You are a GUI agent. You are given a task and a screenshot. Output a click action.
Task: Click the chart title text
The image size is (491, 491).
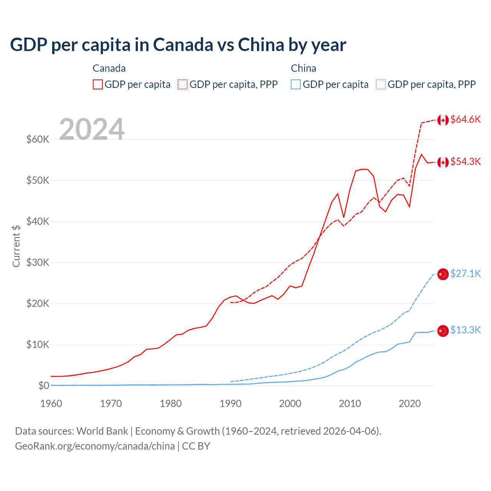[178, 45]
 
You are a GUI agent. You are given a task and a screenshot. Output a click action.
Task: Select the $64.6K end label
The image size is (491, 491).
[465, 119]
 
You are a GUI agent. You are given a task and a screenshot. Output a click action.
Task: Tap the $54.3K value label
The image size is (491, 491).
[465, 161]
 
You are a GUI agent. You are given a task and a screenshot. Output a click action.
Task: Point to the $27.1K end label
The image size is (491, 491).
[465, 274]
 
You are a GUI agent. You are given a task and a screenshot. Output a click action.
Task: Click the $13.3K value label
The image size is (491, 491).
[465, 330]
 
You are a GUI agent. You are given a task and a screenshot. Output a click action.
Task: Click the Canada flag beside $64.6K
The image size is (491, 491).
[443, 120]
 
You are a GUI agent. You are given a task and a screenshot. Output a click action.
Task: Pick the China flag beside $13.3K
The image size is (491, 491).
[443, 330]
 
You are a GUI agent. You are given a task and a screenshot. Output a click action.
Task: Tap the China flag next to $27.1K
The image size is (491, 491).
[443, 274]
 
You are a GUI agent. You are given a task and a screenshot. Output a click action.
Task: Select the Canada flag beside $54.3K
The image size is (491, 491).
[443, 162]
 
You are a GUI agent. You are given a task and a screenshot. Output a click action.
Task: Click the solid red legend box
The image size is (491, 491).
[98, 84]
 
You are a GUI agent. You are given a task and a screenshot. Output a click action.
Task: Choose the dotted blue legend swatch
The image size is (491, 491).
[381, 84]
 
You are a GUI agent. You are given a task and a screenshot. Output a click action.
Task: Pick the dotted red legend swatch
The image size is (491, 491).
[183, 84]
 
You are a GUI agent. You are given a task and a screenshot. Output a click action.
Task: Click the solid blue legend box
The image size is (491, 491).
[296, 84]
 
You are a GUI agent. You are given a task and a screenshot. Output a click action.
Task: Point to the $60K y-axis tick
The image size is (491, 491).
[38, 139]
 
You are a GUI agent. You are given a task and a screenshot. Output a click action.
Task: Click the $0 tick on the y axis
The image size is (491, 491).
[44, 386]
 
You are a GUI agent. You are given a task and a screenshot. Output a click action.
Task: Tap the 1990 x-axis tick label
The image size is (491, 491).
[231, 404]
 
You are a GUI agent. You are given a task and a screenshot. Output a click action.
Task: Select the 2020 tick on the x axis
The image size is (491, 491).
[410, 404]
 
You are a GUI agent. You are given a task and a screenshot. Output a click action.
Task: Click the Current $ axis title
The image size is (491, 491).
[16, 246]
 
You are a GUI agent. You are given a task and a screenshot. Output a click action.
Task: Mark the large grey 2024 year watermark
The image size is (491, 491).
[92, 129]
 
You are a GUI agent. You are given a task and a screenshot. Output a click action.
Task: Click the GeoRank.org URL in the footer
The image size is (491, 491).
[95, 446]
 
